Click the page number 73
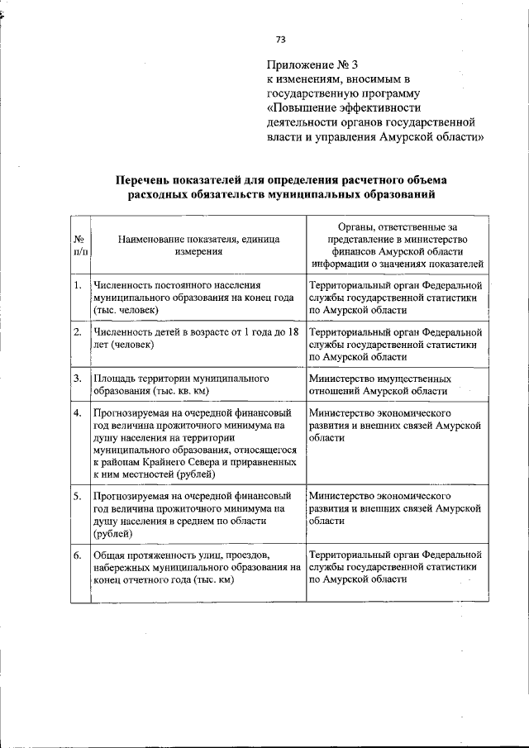point(280,39)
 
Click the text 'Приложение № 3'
point(312,64)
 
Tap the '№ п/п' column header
point(78,245)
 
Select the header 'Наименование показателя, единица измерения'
point(198,245)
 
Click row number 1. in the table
point(77,287)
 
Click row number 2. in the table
point(77,332)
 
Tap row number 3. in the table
point(77,379)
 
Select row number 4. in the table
point(77,412)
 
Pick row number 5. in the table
point(77,496)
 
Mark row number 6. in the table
point(77,555)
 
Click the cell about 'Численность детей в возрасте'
point(198,338)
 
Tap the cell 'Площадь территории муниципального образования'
point(198,384)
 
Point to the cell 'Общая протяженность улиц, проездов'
point(198,567)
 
